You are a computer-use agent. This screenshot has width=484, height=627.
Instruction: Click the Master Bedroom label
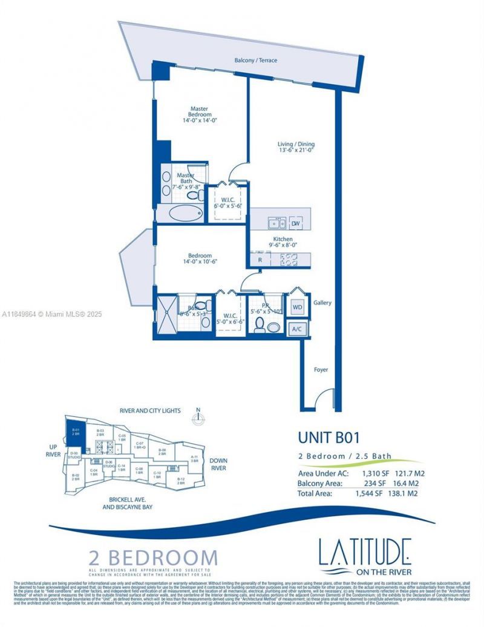pyautogui.click(x=200, y=114)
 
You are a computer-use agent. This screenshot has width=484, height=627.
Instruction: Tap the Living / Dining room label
pyautogui.click(x=296, y=147)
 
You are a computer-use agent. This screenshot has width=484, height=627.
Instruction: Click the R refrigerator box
pyautogui.click(x=260, y=260)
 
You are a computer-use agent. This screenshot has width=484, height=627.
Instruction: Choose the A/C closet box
pyautogui.click(x=297, y=329)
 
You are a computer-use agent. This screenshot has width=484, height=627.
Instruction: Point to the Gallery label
pyautogui.click(x=322, y=303)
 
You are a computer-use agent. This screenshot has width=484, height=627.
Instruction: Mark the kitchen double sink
pyautogui.click(x=277, y=223)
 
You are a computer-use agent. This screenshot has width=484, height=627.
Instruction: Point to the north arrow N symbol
pyautogui.click(x=198, y=416)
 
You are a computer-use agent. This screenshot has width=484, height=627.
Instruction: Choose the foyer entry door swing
pyautogui.click(x=325, y=399)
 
